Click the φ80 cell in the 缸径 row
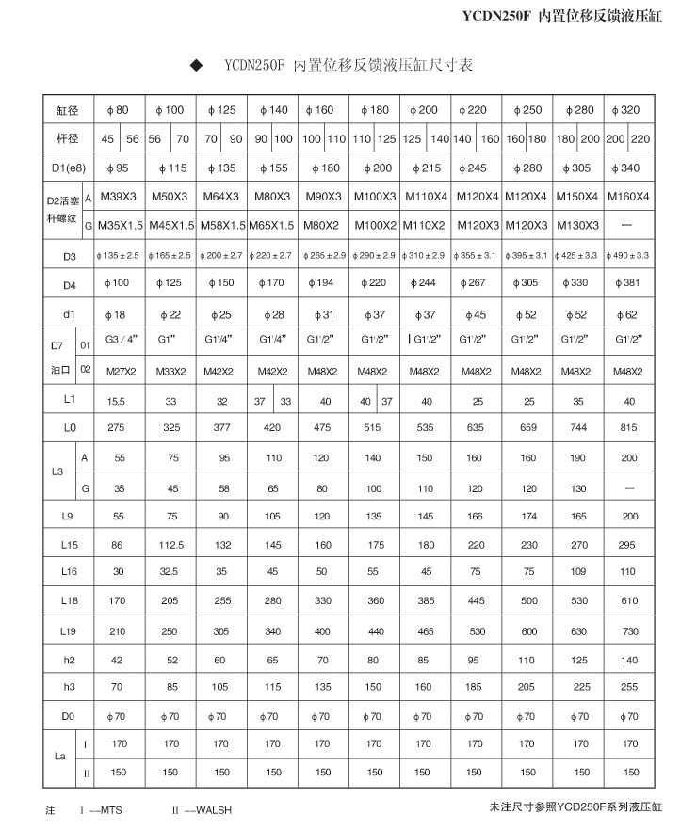pyautogui.click(x=118, y=110)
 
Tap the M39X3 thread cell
pyautogui.click(x=118, y=197)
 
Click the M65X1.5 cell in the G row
pyautogui.click(x=271, y=225)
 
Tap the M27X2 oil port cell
pyautogui.click(x=118, y=371)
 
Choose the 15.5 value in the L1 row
pyautogui.click(x=118, y=401)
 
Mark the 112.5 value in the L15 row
pyautogui.click(x=170, y=545)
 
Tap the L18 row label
pyautogui.click(x=69, y=600)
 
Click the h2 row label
pyautogui.click(x=69, y=660)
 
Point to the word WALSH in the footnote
pyautogui.click(x=216, y=809)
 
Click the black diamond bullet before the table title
pyautogui.click(x=197, y=66)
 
